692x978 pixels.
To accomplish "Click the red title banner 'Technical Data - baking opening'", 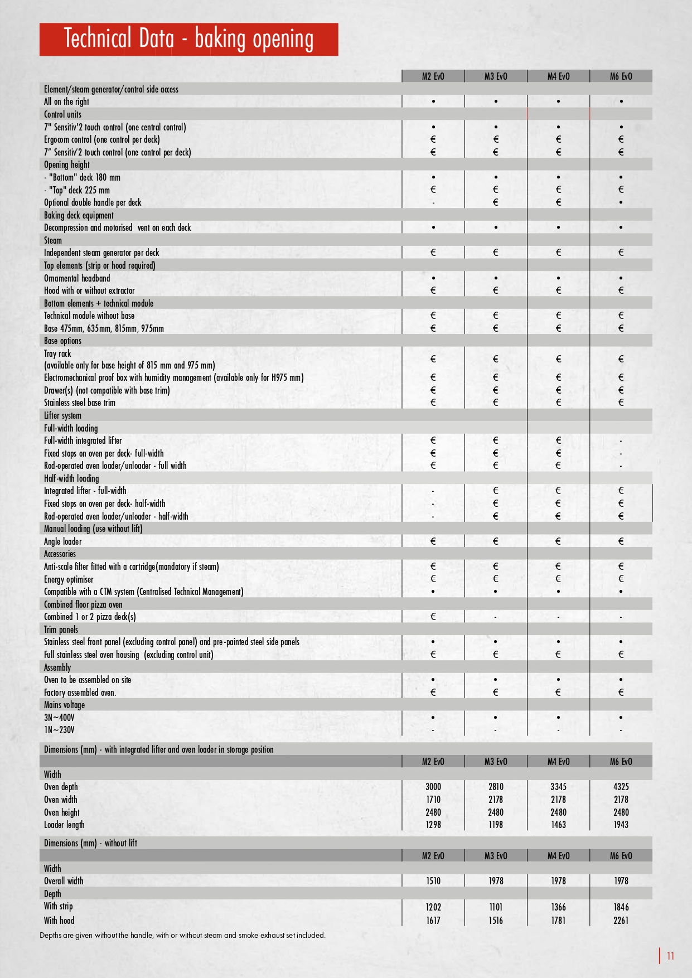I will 188,39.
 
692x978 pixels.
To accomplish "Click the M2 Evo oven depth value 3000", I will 433,787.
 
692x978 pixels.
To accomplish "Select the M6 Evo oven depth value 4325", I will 621,787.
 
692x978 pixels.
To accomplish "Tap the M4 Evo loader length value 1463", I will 558,825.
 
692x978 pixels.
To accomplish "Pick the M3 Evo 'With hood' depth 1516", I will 496,921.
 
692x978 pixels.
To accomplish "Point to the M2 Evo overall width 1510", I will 433,881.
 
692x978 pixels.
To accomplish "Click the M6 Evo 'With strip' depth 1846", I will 621,907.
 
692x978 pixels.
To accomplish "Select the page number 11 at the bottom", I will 670,956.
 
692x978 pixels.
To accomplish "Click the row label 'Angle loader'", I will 63,541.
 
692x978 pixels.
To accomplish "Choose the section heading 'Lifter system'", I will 62,415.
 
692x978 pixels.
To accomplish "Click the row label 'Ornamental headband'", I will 77,278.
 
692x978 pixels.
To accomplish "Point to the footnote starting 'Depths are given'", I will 182,935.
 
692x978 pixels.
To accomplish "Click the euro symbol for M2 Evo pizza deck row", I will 433,617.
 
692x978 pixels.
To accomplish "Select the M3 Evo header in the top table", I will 496,76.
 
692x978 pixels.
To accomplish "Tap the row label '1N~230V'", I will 59,730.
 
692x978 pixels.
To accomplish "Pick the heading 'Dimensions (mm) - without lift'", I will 90,843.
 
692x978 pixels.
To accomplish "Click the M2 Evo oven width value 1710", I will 433,800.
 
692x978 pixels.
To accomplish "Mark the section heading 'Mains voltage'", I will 64,705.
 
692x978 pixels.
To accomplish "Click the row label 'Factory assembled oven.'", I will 80,693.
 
